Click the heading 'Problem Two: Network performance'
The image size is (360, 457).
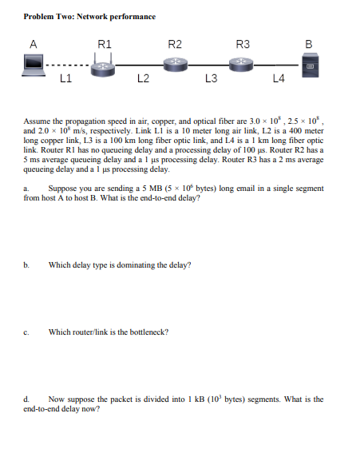89,16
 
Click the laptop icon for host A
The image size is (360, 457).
34,62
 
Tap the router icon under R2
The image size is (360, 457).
175,63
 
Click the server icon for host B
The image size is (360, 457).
315,63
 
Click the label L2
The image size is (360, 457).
141,78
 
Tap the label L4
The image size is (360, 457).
279,78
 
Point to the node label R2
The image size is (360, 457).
175,43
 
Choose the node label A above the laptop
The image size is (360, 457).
33,43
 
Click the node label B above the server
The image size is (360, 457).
316,43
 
